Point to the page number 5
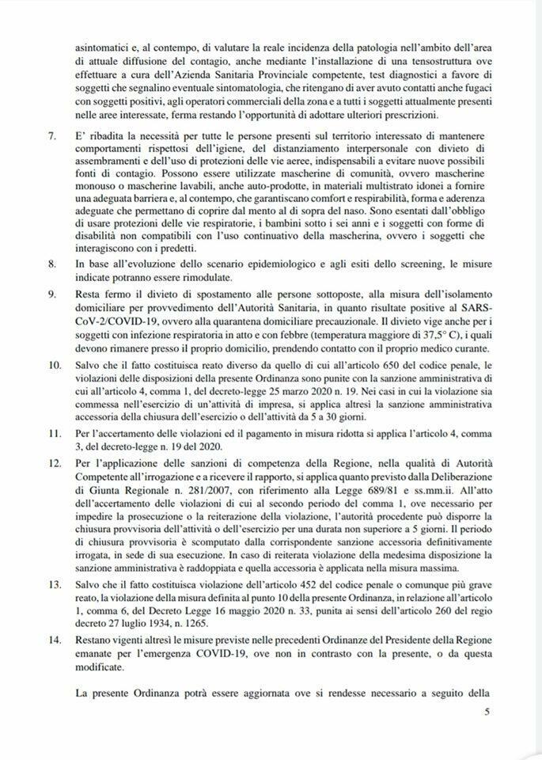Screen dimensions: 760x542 487,712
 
